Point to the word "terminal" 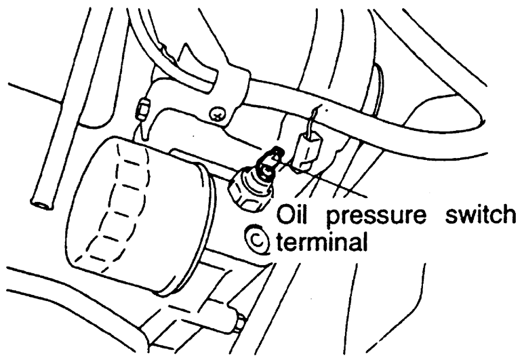point(319,240)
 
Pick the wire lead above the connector point(313,122)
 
